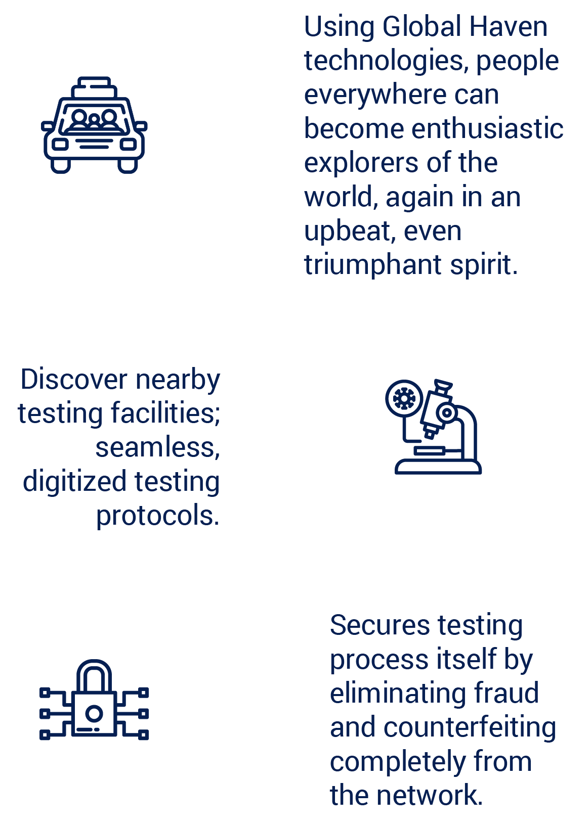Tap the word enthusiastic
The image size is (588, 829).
click(x=487, y=129)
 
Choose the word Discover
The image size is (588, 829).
click(x=74, y=379)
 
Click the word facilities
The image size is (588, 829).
click(x=165, y=413)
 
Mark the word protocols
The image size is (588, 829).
click(x=157, y=516)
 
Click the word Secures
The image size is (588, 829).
click(x=379, y=625)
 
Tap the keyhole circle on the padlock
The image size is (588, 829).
click(x=94, y=714)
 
